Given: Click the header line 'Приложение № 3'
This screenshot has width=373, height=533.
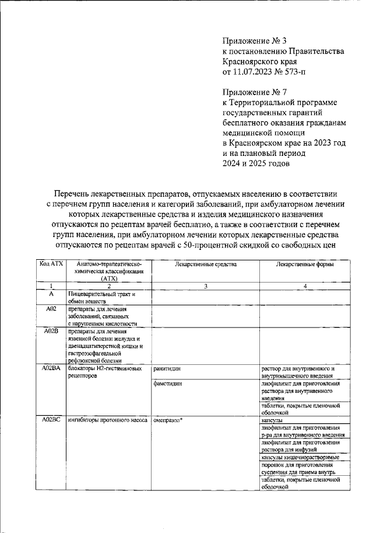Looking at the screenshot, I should pos(255,41).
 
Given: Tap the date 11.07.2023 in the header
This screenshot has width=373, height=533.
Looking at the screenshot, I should pos(256,72).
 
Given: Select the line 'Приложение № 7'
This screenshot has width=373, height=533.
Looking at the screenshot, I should pos(255,92).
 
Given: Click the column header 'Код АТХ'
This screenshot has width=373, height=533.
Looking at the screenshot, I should pos(51,264).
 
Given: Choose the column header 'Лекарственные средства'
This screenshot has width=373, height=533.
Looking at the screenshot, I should pos(205,264).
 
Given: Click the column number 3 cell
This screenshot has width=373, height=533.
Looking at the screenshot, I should pos(205,285).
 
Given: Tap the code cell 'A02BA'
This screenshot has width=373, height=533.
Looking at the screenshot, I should pos(51,369).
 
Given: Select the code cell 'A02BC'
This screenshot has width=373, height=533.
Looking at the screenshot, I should pos(51,420).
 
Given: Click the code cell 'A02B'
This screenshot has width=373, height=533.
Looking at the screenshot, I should pos(51,331).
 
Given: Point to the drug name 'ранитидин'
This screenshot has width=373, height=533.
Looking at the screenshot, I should pos(167,369).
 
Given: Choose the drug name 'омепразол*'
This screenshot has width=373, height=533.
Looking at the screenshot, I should pos(168,420).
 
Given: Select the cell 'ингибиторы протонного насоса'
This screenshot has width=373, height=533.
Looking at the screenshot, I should pos(105,420).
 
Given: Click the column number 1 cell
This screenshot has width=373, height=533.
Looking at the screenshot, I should pos(51,285).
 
